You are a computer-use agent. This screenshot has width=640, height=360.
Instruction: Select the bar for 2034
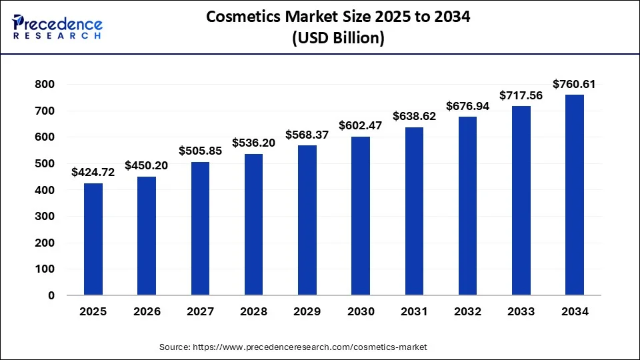[575, 195]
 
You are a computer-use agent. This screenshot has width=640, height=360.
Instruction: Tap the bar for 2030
[361, 215]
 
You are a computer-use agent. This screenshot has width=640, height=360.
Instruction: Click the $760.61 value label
[575, 84]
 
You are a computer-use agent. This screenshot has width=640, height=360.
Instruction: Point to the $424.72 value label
[93, 173]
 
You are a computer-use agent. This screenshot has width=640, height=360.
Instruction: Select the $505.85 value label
[200, 151]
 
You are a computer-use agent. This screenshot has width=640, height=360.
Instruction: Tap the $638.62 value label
[414, 116]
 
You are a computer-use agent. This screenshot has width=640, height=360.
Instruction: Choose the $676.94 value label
[468, 106]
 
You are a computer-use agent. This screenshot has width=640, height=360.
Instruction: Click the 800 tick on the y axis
[44, 85]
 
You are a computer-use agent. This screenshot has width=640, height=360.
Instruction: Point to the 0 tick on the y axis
[51, 295]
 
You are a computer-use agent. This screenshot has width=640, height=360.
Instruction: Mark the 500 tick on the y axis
[44, 164]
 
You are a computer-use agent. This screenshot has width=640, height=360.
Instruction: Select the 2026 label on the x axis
[147, 311]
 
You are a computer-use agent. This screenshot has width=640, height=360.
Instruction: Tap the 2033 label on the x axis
[521, 311]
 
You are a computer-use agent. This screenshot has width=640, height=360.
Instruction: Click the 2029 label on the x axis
[307, 311]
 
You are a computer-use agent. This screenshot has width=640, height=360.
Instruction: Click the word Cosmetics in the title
[243, 17]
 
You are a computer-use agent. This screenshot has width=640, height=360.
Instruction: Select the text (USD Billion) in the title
[339, 39]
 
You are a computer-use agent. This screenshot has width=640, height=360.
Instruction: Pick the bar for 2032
[468, 206]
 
